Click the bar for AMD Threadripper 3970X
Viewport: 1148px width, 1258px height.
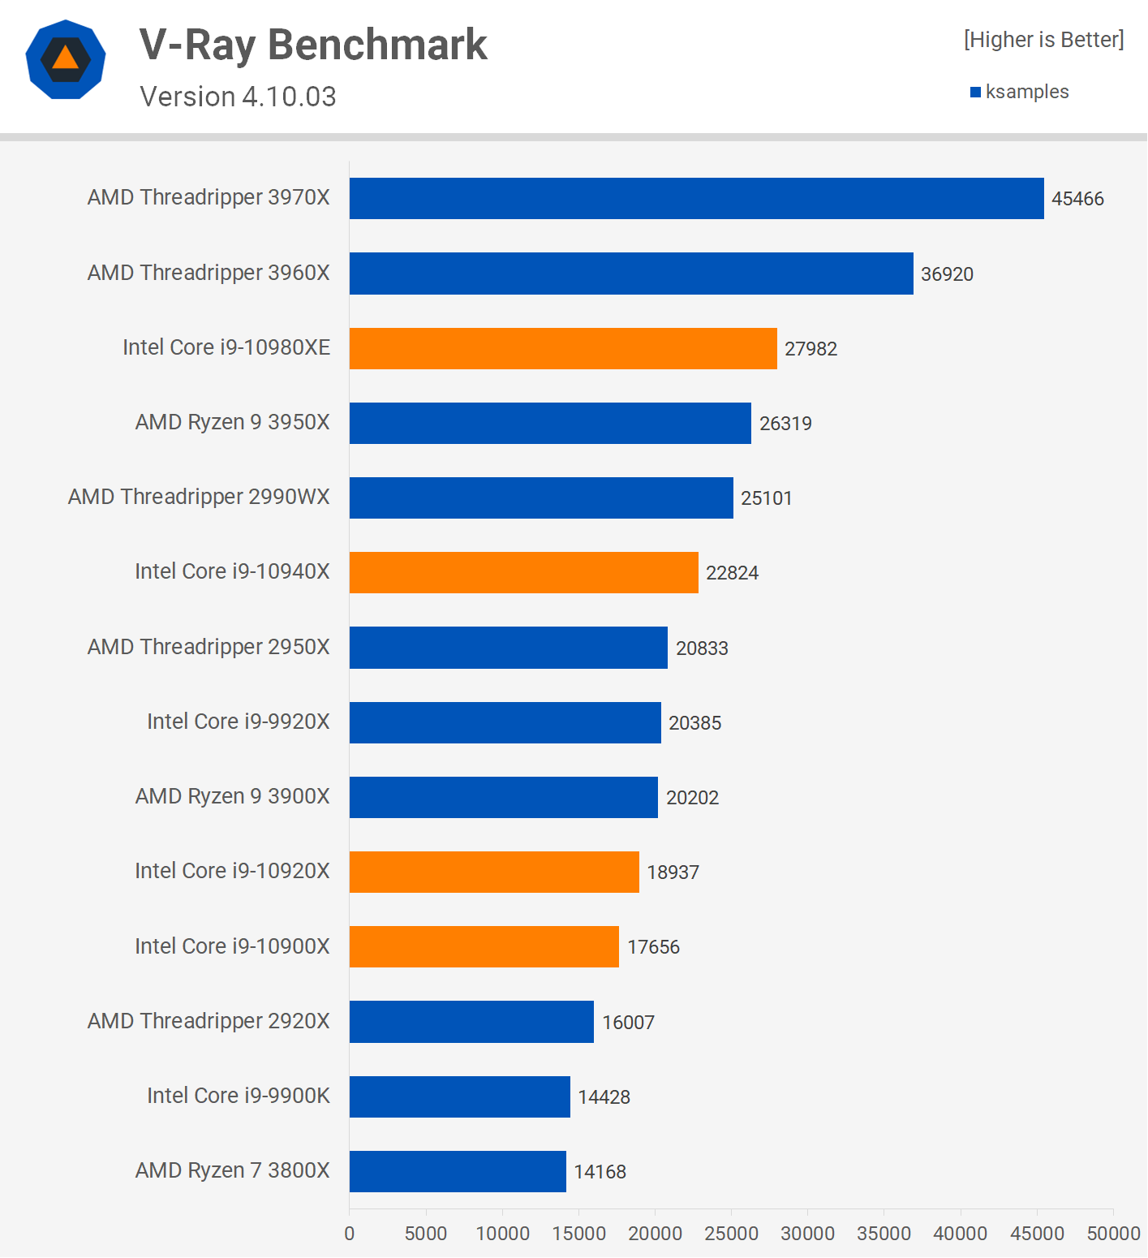click(696, 198)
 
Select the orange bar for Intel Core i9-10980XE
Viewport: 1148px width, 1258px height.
click(563, 348)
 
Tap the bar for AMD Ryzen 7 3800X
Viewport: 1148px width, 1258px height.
click(458, 1171)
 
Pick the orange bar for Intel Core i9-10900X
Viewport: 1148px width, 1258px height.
click(484, 946)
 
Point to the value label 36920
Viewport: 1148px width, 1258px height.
click(947, 274)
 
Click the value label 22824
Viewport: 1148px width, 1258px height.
click(732, 573)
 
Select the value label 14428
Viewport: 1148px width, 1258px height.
click(604, 1097)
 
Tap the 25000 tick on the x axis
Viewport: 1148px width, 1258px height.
click(731, 1234)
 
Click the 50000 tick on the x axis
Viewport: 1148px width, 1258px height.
click(1113, 1234)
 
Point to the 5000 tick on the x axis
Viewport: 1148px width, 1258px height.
click(426, 1234)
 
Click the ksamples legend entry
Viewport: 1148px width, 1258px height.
click(1020, 92)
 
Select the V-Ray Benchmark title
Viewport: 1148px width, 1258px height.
click(313, 45)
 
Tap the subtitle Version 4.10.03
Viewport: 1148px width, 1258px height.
click(238, 97)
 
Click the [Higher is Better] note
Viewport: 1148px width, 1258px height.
click(1043, 40)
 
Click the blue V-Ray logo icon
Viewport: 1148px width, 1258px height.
click(66, 59)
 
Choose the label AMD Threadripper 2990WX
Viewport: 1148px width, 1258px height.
click(199, 497)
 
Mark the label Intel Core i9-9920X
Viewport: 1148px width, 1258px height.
click(239, 722)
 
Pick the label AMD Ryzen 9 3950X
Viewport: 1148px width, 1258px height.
click(233, 422)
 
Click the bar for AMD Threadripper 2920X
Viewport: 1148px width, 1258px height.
click(471, 1022)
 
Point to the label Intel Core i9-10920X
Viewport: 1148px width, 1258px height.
click(232, 871)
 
